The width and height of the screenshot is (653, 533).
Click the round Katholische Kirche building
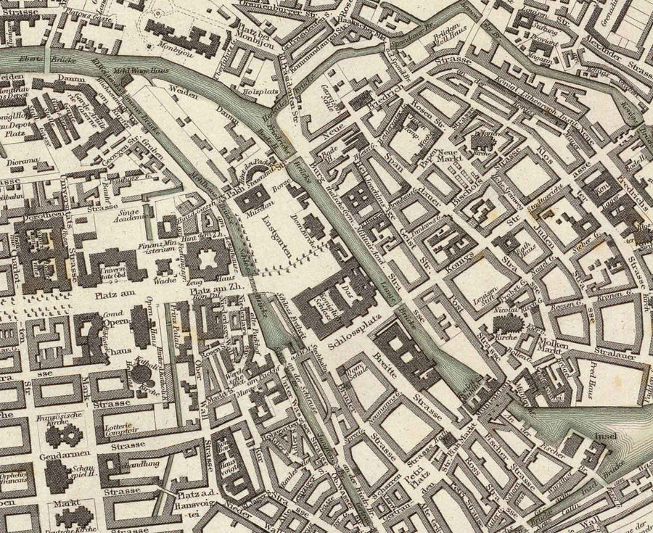[x=140, y=374]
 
